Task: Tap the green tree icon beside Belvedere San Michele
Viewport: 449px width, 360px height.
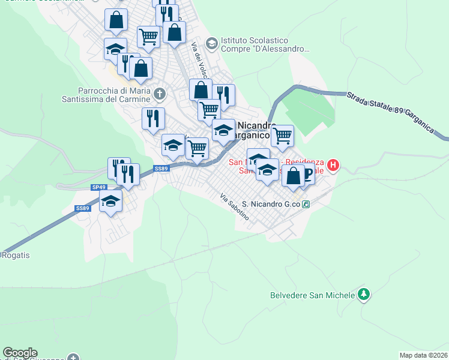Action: [363, 294]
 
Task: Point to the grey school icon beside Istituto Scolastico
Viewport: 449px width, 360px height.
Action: [211, 43]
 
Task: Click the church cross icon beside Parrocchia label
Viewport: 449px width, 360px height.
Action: [159, 94]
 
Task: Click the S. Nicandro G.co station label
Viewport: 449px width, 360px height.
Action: [271, 204]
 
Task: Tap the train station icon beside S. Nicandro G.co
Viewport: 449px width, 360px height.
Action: [306, 204]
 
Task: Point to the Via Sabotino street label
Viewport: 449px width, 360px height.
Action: [234, 207]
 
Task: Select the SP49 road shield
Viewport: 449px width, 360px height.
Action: [99, 187]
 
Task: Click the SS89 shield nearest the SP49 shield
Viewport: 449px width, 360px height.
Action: [82, 208]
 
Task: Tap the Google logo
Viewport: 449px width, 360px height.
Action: [20, 353]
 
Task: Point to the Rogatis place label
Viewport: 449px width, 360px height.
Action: [16, 255]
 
